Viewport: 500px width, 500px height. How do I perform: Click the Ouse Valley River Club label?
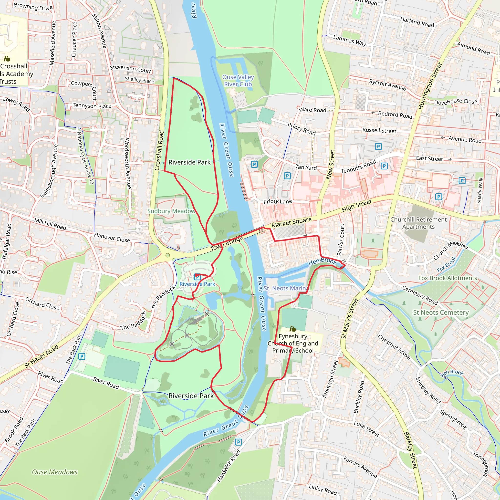coord(238,81)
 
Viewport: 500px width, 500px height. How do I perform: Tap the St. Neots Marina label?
coord(285,288)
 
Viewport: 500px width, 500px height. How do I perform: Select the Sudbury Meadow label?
coord(171,211)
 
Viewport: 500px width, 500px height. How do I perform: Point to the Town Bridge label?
coord(227,243)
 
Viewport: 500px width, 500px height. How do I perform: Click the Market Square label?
coord(292,222)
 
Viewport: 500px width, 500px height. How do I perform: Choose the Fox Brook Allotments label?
coord(448,278)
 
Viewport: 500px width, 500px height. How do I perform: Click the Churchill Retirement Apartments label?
coord(418,223)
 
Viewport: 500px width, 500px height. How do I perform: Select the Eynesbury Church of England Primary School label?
coord(293,343)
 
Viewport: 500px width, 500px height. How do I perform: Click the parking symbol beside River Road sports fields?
coord(82,356)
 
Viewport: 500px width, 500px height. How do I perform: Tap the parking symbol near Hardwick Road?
coord(238,442)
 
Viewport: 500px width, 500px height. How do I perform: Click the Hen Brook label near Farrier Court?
coord(322,262)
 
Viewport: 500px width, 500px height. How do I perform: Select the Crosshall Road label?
coord(159,150)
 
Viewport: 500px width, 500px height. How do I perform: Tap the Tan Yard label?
coord(306,167)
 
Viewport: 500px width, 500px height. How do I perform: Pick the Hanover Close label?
coord(112,237)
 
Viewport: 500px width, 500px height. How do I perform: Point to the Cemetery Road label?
coord(420,295)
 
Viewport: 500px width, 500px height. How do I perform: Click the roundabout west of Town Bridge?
coord(167,255)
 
